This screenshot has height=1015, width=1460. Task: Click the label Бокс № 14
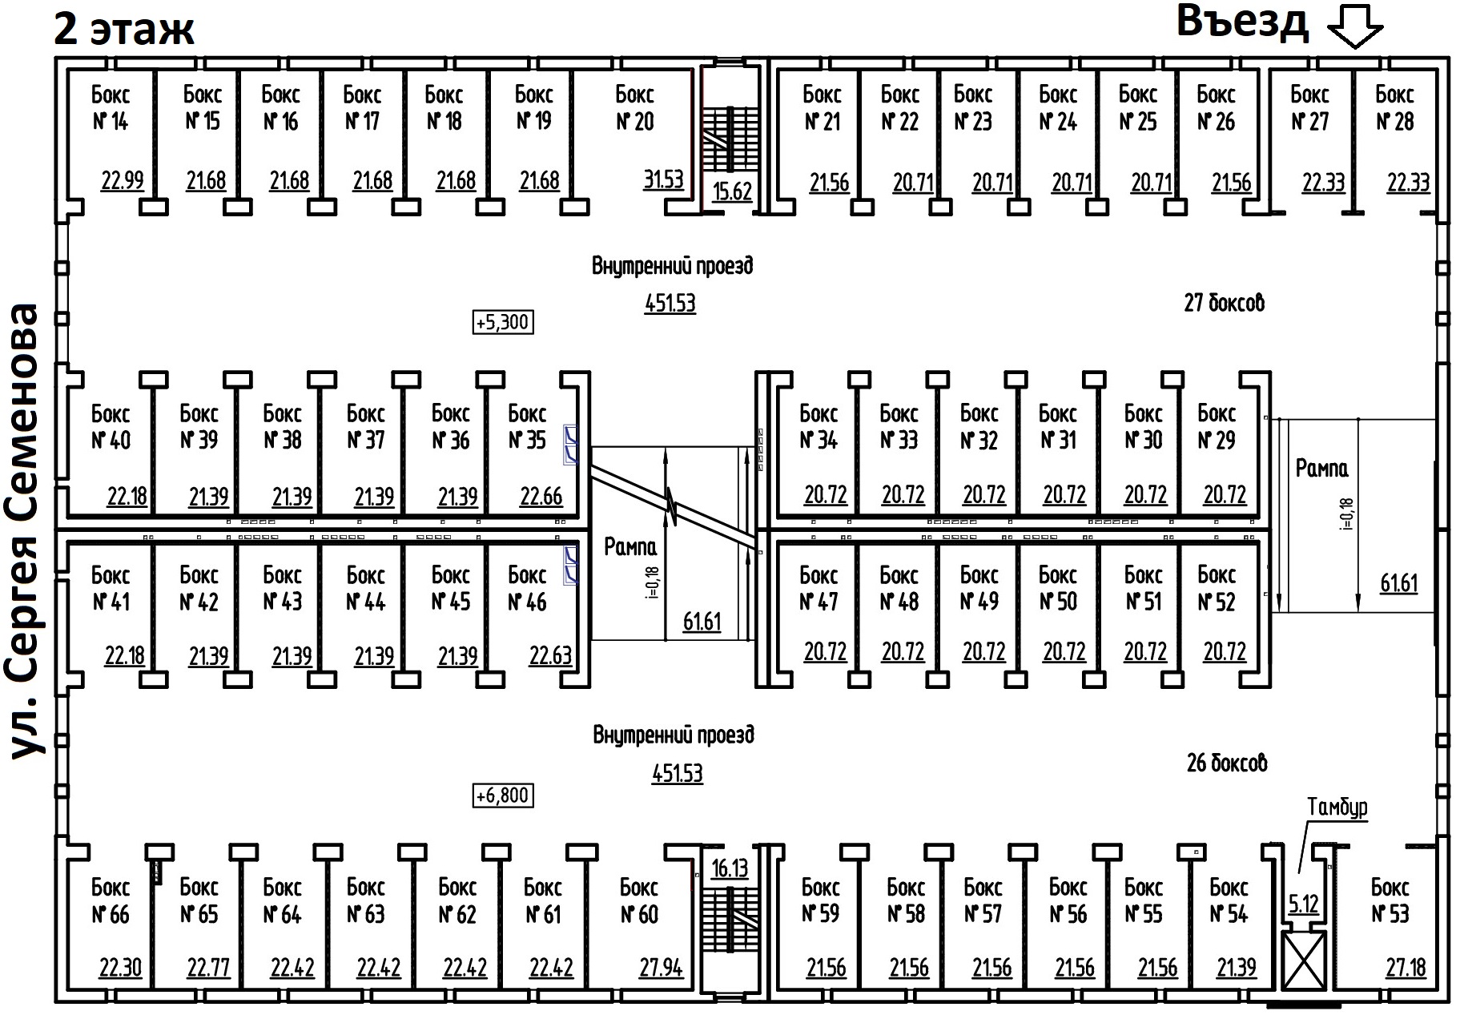click(x=110, y=108)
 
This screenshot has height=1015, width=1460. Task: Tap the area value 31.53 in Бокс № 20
click(x=664, y=179)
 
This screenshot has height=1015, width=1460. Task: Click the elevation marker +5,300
click(x=502, y=322)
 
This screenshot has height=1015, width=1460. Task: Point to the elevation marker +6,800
click(x=502, y=795)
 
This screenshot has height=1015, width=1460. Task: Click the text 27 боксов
click(x=1224, y=303)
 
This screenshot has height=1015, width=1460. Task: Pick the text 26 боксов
click(x=1227, y=763)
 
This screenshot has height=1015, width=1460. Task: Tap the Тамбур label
click(x=1337, y=807)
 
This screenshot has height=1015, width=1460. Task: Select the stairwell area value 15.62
click(x=732, y=191)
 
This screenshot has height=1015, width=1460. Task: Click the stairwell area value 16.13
click(x=730, y=868)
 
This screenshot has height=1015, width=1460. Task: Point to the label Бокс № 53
click(x=1390, y=900)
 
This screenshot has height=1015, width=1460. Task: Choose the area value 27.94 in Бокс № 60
click(x=661, y=968)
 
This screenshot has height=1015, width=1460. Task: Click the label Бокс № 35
click(x=527, y=427)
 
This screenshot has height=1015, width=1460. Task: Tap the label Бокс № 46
click(x=527, y=588)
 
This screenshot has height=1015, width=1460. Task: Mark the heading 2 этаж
click(x=124, y=30)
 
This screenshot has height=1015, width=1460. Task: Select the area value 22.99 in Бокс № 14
click(x=123, y=180)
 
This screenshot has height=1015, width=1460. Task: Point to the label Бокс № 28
click(x=1394, y=108)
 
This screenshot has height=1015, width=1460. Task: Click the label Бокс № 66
click(x=110, y=900)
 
